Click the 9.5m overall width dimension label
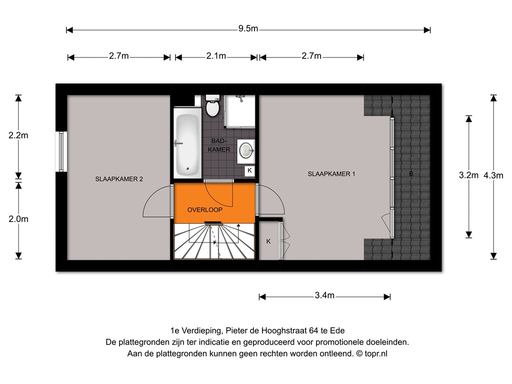click(248, 28)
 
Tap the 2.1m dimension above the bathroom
click(216, 56)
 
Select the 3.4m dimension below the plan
click(324, 295)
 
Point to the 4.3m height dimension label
click(493, 175)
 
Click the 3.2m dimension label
click(468, 175)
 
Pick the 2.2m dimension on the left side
click(18, 135)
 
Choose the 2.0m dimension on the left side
click(18, 219)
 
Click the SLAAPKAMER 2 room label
click(119, 179)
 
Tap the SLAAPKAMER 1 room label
click(331, 174)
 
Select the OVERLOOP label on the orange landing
click(204, 210)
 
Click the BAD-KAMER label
click(219, 145)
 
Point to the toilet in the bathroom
click(212, 105)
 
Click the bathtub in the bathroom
click(187, 143)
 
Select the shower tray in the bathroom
click(239, 111)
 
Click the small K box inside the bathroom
click(250, 170)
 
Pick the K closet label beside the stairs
click(268, 241)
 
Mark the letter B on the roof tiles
click(411, 173)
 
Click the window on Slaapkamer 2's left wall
click(61, 151)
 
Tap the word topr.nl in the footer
click(376, 353)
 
